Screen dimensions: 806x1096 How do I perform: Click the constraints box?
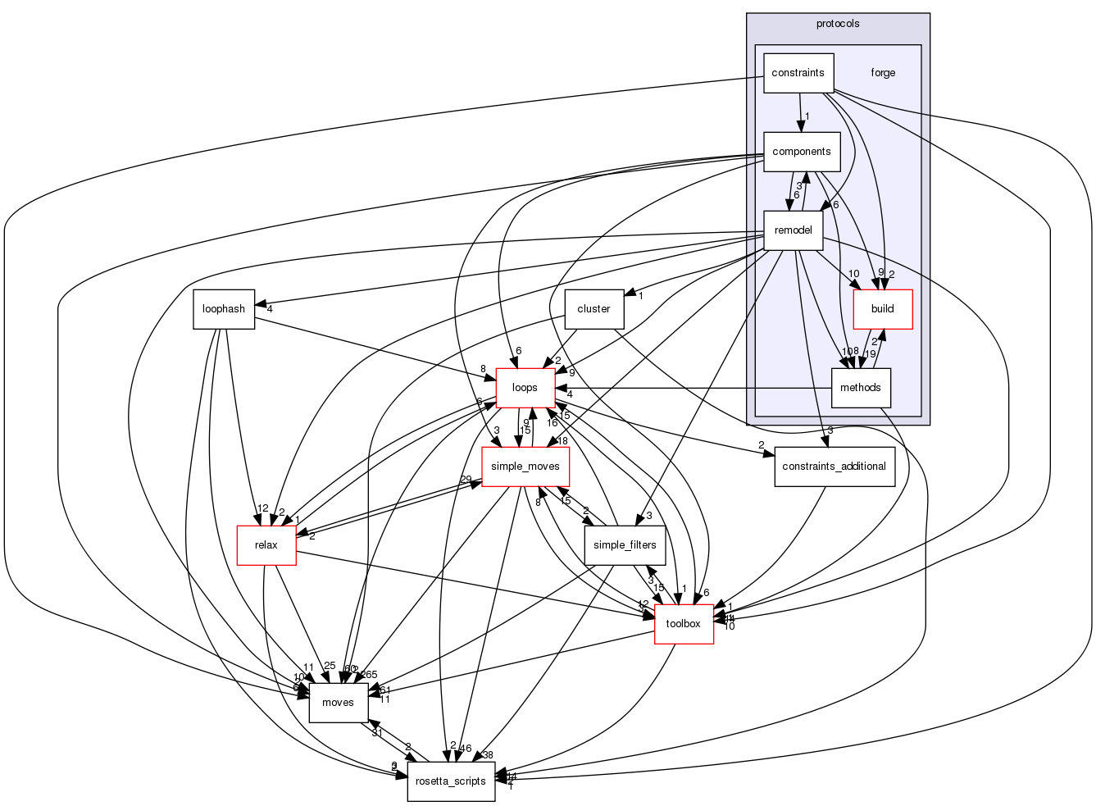[798, 73]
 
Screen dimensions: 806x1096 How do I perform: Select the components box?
[802, 152]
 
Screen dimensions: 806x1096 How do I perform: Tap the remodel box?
[793, 230]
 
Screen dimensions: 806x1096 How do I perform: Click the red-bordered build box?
[883, 309]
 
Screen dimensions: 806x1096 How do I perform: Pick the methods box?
[861, 388]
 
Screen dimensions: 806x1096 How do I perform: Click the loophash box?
[224, 309]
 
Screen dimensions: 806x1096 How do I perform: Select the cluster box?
[593, 309]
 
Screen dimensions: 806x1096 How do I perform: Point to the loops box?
[525, 388]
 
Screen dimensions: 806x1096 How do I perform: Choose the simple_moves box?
[525, 467]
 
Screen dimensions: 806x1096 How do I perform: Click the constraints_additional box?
[835, 467]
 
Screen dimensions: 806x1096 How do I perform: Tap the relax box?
[266, 545]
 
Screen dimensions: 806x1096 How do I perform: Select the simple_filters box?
[625, 545]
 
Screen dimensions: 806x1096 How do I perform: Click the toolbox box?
[684, 624]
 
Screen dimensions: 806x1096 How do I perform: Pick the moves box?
[338, 703]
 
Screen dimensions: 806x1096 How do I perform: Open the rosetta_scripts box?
[451, 781]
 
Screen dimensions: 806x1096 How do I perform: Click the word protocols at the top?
[838, 24]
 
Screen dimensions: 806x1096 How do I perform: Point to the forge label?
[883, 73]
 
